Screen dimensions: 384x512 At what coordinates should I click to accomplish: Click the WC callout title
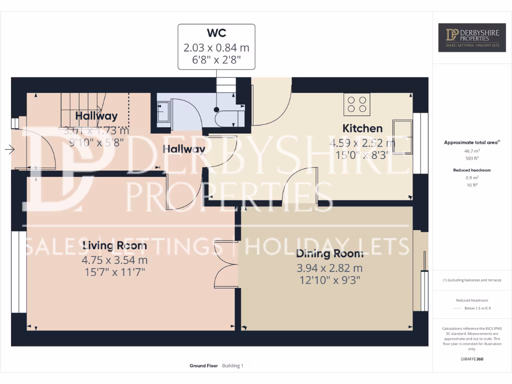pos(216,33)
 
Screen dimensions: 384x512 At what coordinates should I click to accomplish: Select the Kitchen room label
pos(362,128)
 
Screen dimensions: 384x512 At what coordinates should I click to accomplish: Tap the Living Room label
pos(114,245)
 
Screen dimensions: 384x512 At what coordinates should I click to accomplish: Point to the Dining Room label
pos(329,253)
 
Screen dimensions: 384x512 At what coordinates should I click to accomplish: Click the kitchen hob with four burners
pos(357,104)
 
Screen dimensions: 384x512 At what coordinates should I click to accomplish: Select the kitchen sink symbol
pos(402,135)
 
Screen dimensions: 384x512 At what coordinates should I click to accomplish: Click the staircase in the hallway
pos(80,105)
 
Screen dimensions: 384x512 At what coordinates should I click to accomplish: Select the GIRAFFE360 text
pos(472,359)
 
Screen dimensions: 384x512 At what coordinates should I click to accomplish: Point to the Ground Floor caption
pos(203,366)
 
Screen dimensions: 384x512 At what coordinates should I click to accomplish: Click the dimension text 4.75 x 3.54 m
pos(114,260)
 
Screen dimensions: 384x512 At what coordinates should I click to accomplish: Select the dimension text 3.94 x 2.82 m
pos(329,268)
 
